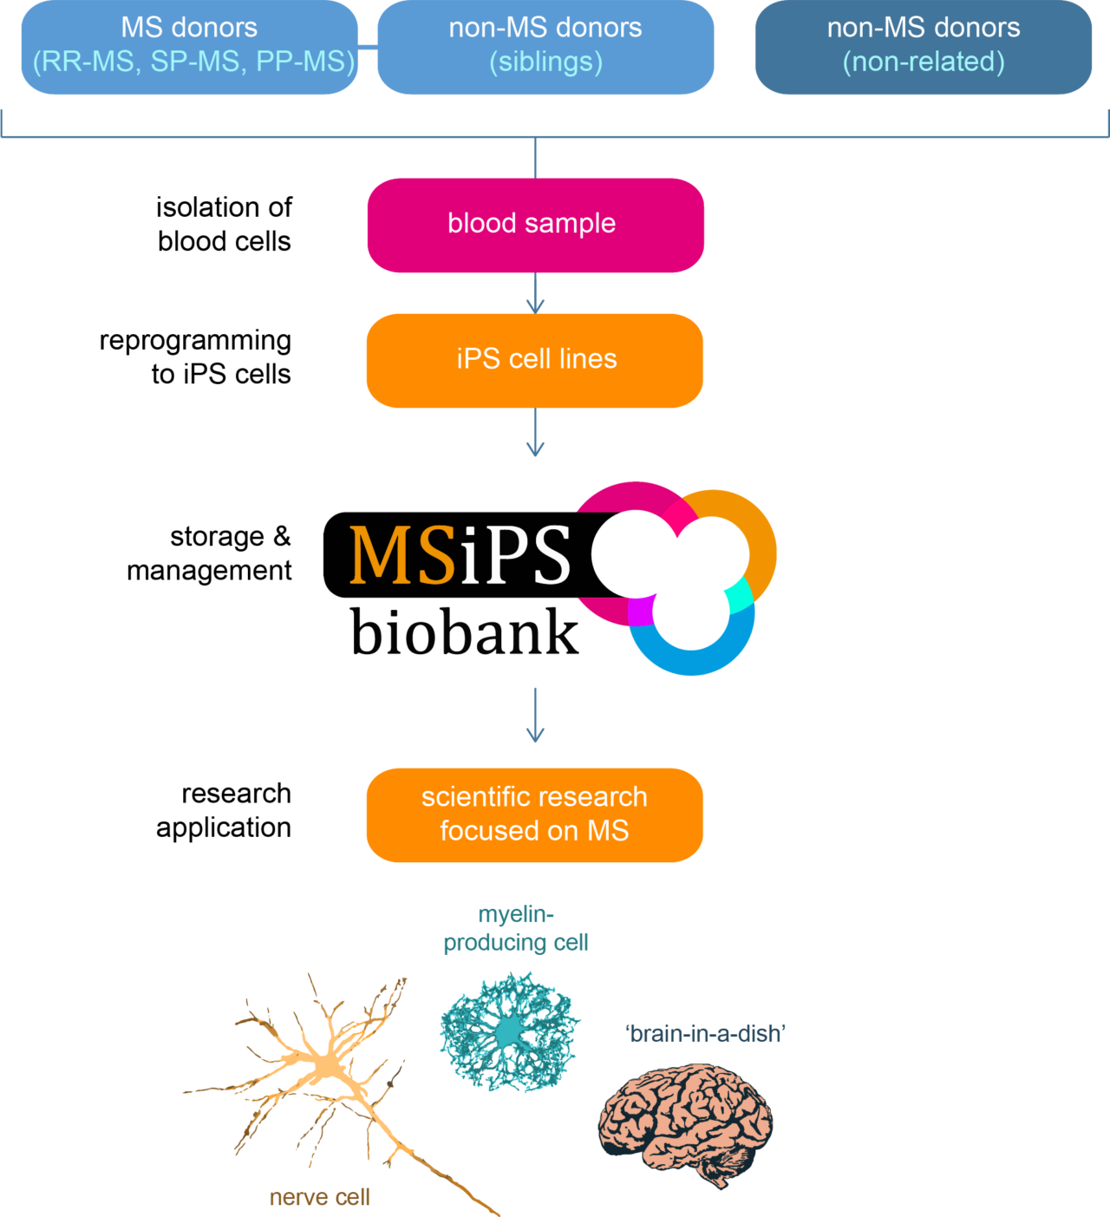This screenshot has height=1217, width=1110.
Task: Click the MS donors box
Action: click(189, 47)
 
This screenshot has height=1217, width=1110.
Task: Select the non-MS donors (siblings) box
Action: click(545, 47)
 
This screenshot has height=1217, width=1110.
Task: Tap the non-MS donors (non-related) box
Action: click(924, 47)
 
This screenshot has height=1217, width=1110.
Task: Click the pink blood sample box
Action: click(535, 225)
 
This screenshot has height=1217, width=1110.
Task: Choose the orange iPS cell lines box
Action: click(535, 360)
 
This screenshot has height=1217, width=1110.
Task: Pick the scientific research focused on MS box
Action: click(535, 815)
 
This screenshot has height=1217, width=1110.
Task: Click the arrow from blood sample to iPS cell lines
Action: click(535, 295)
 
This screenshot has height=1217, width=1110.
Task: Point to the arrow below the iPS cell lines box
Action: click(535, 433)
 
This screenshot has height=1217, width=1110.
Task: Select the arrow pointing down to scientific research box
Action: click(535, 716)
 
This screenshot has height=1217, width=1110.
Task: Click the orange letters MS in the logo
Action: click(402, 555)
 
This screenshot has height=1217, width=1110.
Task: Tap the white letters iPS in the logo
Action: click(515, 555)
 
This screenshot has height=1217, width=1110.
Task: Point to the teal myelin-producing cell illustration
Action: click(509, 1032)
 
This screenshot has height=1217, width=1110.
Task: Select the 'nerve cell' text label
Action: click(319, 1198)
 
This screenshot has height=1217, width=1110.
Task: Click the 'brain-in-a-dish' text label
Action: click(705, 1034)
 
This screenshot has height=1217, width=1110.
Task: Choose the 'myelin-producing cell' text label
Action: click(516, 928)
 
